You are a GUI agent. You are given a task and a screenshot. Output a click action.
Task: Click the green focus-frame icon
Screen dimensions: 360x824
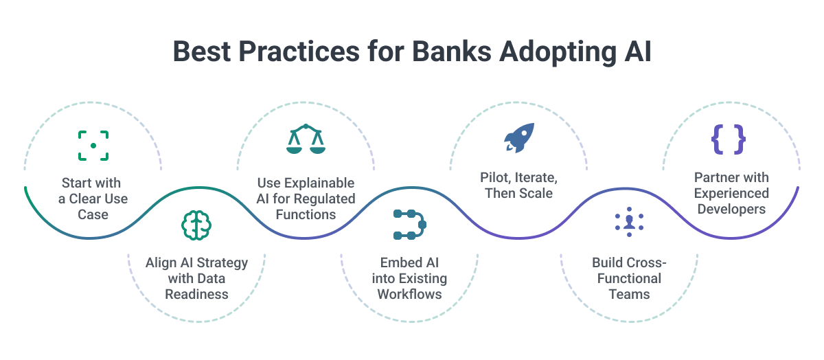[x=93, y=146]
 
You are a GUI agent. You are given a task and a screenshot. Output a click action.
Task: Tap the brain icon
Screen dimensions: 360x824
[x=196, y=225]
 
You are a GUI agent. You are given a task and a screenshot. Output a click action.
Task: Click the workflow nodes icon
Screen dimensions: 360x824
[x=409, y=225]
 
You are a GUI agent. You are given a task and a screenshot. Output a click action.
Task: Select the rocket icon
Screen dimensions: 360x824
[x=519, y=138]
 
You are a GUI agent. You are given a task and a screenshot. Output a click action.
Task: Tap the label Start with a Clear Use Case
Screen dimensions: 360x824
[x=93, y=199]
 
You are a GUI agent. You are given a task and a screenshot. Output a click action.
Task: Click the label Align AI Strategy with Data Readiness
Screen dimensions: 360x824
[x=196, y=278]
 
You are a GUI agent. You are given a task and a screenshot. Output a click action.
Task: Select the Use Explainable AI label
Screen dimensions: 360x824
[x=306, y=199]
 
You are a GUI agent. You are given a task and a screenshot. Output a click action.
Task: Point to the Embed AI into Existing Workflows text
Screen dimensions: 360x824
[x=409, y=278]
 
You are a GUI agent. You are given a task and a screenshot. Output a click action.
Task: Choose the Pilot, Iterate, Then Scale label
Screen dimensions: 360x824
[x=518, y=185]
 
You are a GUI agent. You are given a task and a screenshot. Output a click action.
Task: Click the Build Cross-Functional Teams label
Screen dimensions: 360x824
[x=629, y=278]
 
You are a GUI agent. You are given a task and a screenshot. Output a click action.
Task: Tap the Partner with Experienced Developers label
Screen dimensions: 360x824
[x=731, y=193]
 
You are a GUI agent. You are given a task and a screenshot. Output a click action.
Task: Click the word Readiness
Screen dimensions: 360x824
[x=196, y=294]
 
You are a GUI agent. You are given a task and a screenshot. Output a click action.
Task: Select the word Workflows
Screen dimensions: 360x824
[x=409, y=294]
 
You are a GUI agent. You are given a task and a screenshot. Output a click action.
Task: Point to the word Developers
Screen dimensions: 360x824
[x=731, y=209]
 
